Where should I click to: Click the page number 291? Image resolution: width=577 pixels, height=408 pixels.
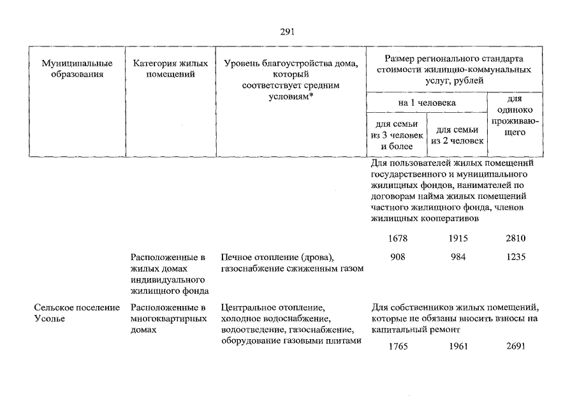288,32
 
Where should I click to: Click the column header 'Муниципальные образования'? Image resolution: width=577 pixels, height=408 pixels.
77,69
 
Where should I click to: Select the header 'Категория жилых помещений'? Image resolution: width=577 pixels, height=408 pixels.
170,69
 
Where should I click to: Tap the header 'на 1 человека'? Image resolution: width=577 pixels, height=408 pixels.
426,102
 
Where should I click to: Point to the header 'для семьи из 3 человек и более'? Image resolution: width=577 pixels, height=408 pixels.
397,135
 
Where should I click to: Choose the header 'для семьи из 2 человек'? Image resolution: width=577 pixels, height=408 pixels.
457,135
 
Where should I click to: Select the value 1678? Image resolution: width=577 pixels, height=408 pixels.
397,238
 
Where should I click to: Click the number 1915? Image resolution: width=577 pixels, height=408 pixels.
458,238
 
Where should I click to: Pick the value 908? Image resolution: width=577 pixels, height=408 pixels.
397,257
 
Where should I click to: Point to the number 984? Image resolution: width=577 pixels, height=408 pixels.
458,257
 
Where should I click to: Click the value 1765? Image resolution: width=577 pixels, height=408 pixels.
397,347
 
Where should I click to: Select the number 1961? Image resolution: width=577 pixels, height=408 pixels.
458,347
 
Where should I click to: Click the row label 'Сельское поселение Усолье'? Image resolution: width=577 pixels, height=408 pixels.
77,313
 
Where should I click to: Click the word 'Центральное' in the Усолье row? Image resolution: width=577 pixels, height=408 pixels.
247,308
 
